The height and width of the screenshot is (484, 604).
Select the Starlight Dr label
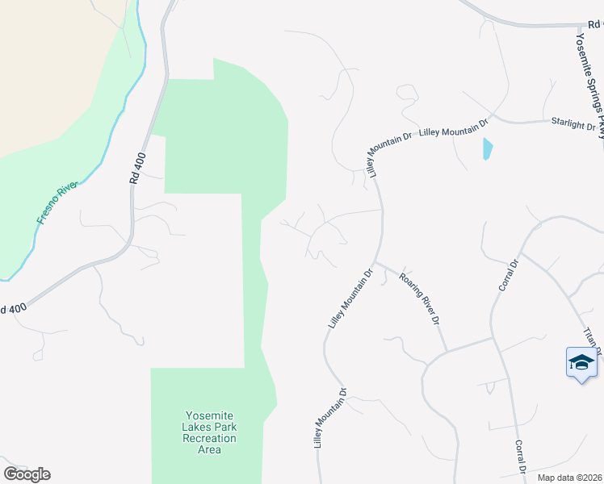point(573,127)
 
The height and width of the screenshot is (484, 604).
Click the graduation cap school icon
point(581,362)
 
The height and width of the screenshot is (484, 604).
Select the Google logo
point(27,474)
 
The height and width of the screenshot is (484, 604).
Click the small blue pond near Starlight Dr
point(487,148)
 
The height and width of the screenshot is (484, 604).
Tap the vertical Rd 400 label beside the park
point(136,170)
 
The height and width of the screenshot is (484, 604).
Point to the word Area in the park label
point(210,449)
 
